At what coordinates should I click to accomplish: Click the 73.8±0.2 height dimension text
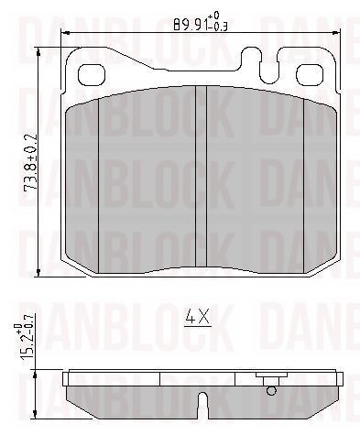pos(32,161)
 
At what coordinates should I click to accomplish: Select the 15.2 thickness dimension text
pos(24,341)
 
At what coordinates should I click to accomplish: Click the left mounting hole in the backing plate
pos(92,75)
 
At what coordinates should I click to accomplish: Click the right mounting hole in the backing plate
pos(310,75)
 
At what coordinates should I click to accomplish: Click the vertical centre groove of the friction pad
pos(201,177)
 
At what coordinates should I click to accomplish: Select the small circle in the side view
pos(271,390)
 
